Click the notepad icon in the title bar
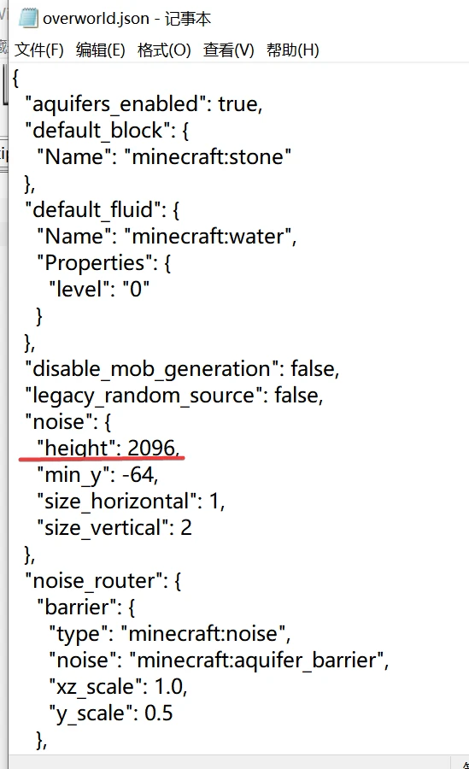(27, 18)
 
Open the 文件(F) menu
(39, 50)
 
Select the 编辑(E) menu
(101, 50)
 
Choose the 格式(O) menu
(164, 50)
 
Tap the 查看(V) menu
(229, 50)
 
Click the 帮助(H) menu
(293, 50)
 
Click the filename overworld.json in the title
(96, 19)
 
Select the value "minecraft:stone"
(208, 157)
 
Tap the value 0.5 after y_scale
(158, 713)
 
